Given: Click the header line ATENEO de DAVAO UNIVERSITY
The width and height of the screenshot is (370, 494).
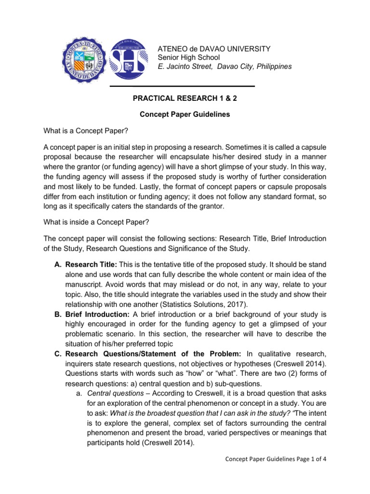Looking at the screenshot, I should point(214,49).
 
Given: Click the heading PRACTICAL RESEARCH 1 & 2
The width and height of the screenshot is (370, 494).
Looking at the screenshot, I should point(185,98).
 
